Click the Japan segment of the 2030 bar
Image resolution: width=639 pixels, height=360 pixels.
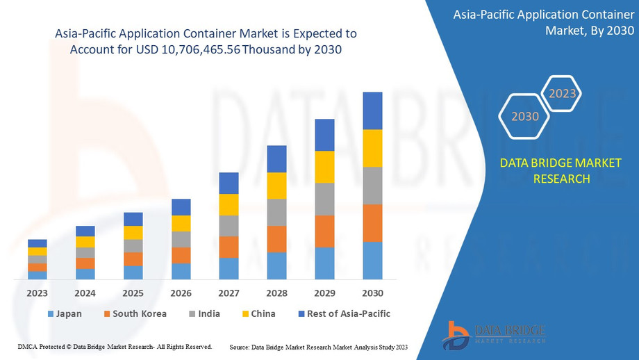pyautogui.click(x=372, y=261)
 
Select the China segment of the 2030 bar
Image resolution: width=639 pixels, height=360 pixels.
pyautogui.click(x=372, y=148)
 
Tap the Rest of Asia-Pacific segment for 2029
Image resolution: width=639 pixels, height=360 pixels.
pyautogui.click(x=324, y=135)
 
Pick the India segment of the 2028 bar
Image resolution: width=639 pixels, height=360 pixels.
pyautogui.click(x=276, y=212)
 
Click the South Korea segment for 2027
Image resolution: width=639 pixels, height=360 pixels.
pyautogui.click(x=229, y=247)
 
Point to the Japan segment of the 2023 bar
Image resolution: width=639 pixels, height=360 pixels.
pyautogui.click(x=37, y=275)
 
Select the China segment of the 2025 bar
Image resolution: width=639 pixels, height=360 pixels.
pyautogui.click(x=133, y=233)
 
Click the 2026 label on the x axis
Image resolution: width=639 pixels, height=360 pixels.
pyautogui.click(x=181, y=293)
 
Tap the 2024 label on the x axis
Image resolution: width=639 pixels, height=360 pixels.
pyautogui.click(x=85, y=293)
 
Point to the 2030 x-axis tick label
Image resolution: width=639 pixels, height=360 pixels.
pyautogui.click(x=372, y=293)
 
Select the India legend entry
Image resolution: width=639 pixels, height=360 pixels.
pyautogui.click(x=204, y=313)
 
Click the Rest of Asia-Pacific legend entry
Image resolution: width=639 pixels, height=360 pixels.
pyautogui.click(x=342, y=313)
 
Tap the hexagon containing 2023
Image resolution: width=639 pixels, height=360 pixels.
pyautogui.click(x=562, y=93)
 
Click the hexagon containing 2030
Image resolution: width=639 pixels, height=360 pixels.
pyautogui.click(x=525, y=116)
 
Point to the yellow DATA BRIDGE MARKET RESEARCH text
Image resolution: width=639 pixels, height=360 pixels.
pyautogui.click(x=561, y=171)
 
